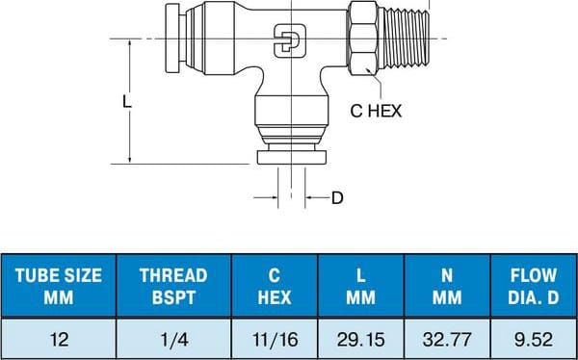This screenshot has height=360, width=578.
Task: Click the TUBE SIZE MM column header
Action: (x=59, y=286)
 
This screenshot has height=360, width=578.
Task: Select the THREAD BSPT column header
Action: (x=173, y=286)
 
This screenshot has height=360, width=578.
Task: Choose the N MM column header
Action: (x=447, y=286)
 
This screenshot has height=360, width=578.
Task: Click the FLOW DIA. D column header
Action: (x=533, y=286)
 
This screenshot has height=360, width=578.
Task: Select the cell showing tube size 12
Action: (x=59, y=338)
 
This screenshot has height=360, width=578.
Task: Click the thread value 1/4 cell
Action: (x=173, y=338)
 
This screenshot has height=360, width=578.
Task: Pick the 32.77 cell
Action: (x=447, y=338)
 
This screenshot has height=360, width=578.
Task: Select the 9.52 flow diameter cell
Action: (x=533, y=338)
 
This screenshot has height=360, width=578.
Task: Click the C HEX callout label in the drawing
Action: (x=375, y=111)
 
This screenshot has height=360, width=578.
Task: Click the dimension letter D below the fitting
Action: (x=337, y=198)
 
